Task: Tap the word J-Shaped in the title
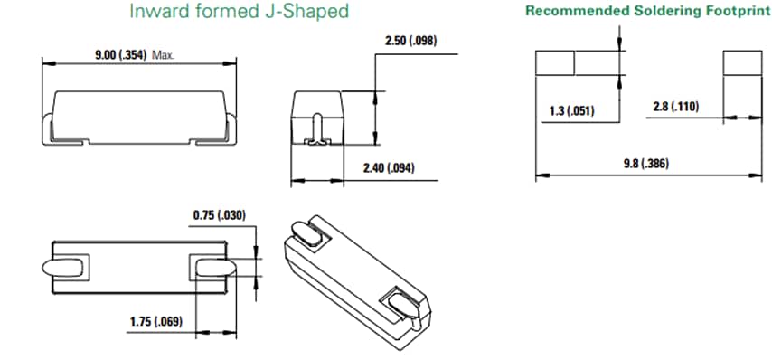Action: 311,13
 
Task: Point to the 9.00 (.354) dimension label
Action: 122,55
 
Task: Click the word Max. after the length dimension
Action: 164,55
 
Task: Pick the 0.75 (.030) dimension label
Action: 219,215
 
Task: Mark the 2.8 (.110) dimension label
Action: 674,107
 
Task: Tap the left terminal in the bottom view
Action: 66,269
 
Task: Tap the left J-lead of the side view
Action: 46,127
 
